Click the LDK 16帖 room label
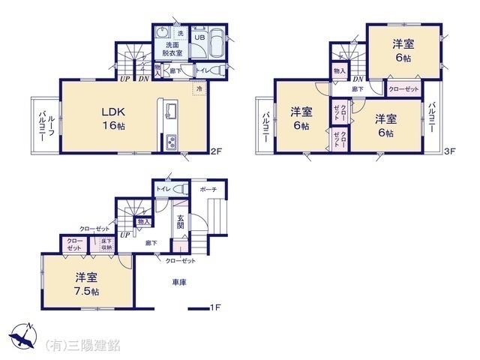tap(113, 118)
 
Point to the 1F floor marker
tap(215, 307)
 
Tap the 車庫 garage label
tap(178, 282)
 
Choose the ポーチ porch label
tap(208, 190)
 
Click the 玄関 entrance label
tap(180, 221)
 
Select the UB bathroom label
tap(200, 36)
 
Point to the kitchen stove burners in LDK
tap(170, 140)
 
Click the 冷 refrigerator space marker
tap(199, 88)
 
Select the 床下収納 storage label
tap(102, 244)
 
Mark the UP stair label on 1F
tap(123, 233)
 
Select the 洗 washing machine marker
tap(179, 33)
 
